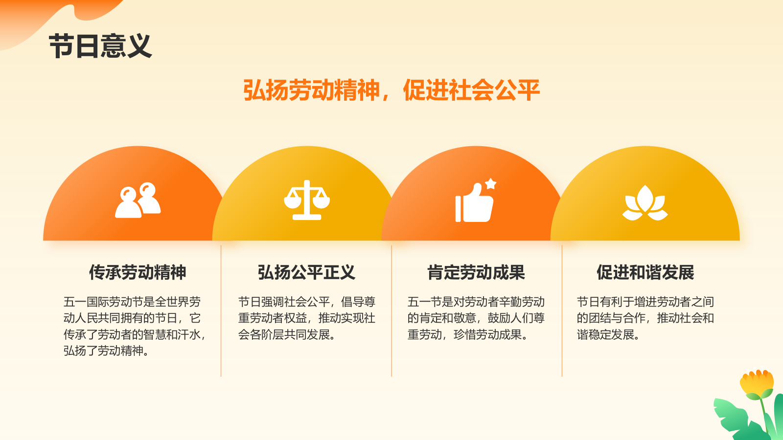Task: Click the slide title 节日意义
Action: (x=100, y=46)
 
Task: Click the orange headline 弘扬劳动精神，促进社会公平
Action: (x=391, y=90)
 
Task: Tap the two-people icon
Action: (x=138, y=200)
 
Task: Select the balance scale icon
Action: (x=307, y=200)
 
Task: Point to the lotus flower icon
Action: (x=645, y=203)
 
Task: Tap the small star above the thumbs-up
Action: (x=491, y=184)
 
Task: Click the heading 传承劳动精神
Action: (x=138, y=272)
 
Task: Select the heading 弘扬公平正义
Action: (x=306, y=272)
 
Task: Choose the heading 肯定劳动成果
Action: (x=476, y=272)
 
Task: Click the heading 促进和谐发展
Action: (x=645, y=272)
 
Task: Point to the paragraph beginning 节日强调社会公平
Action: (x=306, y=318)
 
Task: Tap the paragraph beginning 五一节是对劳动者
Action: (x=476, y=318)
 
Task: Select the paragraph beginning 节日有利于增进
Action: (x=645, y=318)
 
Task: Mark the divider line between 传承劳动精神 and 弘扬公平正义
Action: (x=221, y=311)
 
